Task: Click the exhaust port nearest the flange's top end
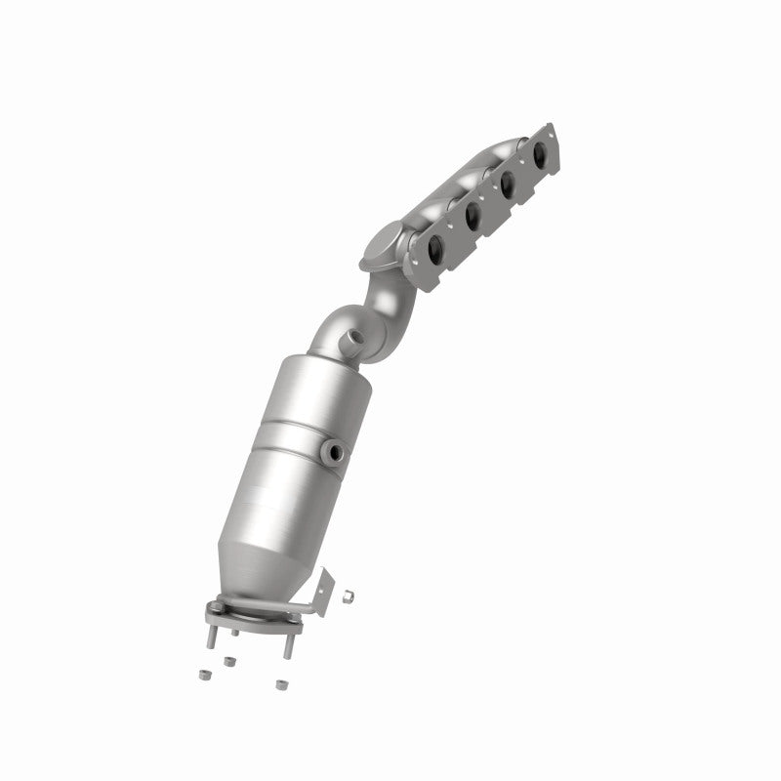pos(539,152)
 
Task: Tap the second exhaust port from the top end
pos(506,184)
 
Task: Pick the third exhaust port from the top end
pos(472,215)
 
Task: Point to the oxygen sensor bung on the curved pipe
pos(352,338)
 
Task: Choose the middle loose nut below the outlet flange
pos(229,662)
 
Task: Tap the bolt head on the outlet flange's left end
pos(215,605)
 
